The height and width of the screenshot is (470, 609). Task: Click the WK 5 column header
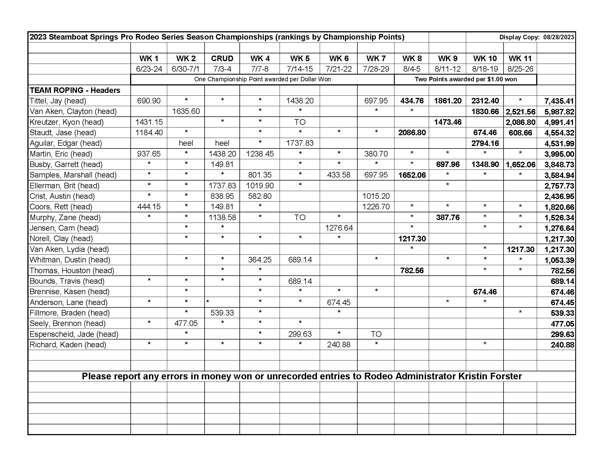pos(300,58)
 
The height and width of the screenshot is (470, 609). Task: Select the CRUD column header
pos(222,58)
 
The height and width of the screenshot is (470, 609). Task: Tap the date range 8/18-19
pos(485,69)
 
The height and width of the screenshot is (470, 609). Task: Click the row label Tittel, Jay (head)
pos(58,101)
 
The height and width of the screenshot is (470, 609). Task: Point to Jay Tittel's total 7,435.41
pos(559,101)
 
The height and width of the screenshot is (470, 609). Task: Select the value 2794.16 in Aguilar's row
pos(485,143)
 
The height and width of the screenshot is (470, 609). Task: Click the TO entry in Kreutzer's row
pos(300,122)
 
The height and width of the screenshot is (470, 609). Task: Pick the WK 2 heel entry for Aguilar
pos(186,143)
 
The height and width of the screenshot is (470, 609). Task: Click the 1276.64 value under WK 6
pos(339,228)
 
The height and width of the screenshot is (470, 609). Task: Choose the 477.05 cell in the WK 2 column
pos(186,323)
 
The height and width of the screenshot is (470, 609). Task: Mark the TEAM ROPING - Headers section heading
pos(75,90)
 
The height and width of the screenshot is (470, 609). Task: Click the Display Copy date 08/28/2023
pos(559,37)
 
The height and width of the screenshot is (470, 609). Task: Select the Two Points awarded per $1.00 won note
pos(465,79)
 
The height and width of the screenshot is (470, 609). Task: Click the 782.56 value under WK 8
pos(412,270)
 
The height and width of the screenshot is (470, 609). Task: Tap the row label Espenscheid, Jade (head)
pos(74,334)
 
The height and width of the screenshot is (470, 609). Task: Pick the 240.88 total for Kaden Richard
pos(562,345)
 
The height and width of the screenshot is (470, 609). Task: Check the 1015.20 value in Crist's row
pos(376,196)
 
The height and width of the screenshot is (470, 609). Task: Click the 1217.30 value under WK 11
pos(520,249)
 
